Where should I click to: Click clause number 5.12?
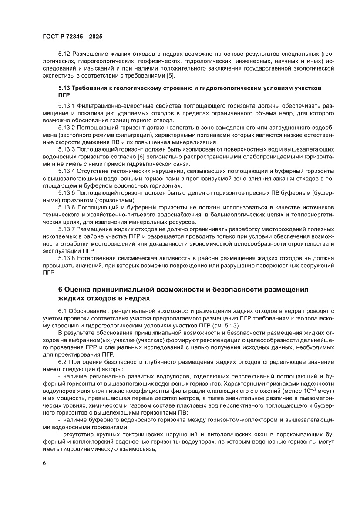coord(64,54)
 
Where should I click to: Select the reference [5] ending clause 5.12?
coord(172,76)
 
